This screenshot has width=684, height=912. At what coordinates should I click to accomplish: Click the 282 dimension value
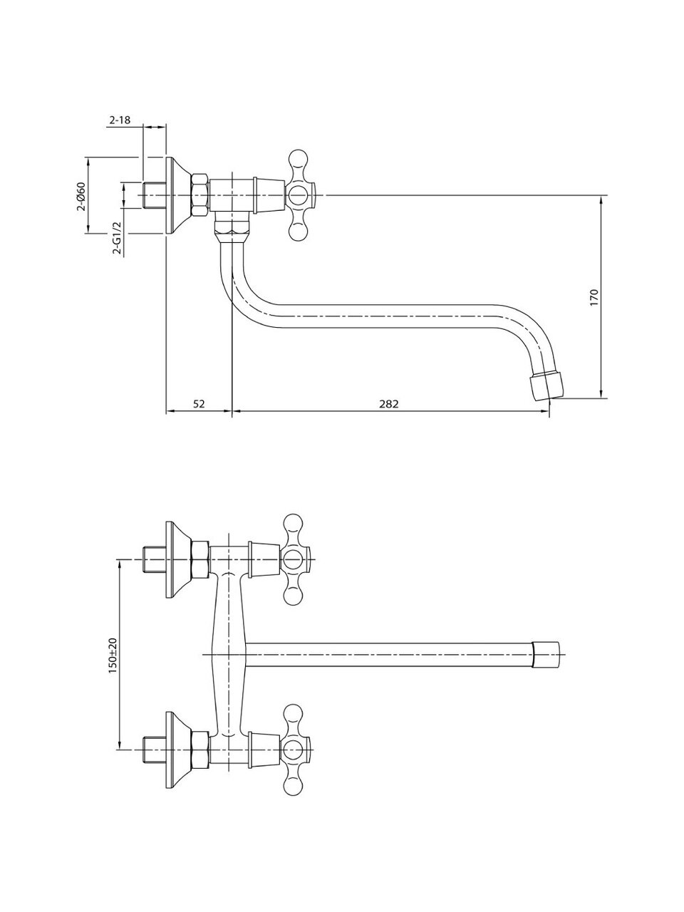point(389,403)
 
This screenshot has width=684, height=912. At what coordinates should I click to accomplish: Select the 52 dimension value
point(199,403)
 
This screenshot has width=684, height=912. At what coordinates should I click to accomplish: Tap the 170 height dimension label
point(594,298)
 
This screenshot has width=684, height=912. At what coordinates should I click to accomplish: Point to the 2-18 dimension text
point(120,120)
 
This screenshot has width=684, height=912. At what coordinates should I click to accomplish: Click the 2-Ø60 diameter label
point(81,196)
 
